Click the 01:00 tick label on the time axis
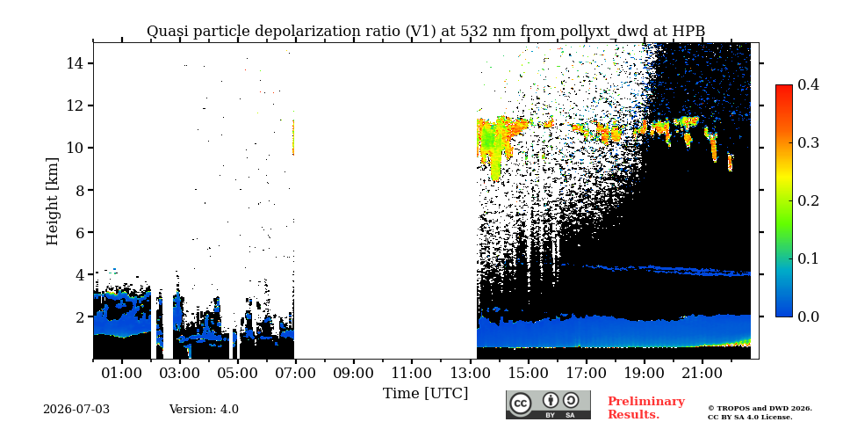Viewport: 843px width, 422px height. tap(122, 373)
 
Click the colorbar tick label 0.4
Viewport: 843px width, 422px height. tap(808, 84)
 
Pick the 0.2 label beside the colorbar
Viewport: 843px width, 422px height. tap(808, 200)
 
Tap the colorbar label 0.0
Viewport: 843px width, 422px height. tap(808, 316)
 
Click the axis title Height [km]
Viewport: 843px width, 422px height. tap(52, 201)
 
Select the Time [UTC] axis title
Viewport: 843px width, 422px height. tap(425, 394)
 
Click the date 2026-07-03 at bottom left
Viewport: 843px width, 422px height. tap(76, 410)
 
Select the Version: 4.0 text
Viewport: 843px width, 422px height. tap(204, 410)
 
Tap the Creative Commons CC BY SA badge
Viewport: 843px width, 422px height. tap(548, 404)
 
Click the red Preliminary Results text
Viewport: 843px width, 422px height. tap(646, 408)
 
